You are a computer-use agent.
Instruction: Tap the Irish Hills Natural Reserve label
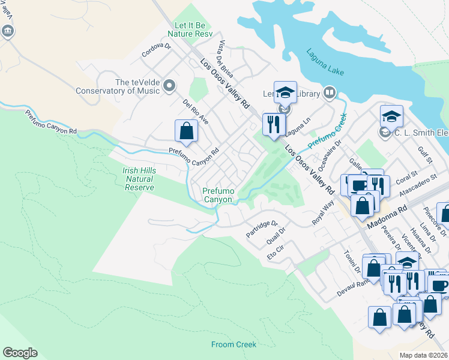(x=139, y=179)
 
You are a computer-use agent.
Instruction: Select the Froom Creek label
(x=234, y=344)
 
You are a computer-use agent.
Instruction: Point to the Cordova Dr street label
(x=157, y=52)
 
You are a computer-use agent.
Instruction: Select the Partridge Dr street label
(x=262, y=229)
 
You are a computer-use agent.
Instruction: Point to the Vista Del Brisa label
(x=230, y=59)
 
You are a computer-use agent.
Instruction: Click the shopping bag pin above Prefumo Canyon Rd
(x=186, y=131)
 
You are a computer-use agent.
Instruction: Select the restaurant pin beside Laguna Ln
(x=274, y=124)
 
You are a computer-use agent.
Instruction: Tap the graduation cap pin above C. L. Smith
(x=391, y=115)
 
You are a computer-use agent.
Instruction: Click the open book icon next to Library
(x=329, y=92)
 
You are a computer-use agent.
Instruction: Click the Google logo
(x=20, y=353)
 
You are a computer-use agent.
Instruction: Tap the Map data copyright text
(x=424, y=355)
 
